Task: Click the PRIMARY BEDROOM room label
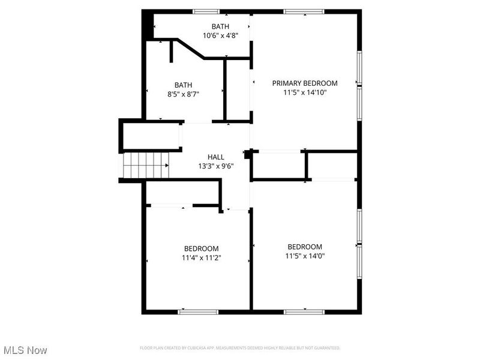305,83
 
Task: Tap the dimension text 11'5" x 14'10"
305,93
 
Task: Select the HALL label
216,157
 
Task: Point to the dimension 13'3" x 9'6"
216,166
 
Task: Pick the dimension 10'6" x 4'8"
221,36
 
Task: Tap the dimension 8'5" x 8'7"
184,94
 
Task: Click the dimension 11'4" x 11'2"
201,258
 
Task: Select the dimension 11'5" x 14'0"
305,256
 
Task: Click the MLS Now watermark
25,349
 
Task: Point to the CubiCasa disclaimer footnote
240,348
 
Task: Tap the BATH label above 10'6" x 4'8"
220,26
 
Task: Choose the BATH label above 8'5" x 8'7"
183,85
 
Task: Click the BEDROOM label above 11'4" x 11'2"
201,248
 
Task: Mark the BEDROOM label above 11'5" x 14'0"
305,247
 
